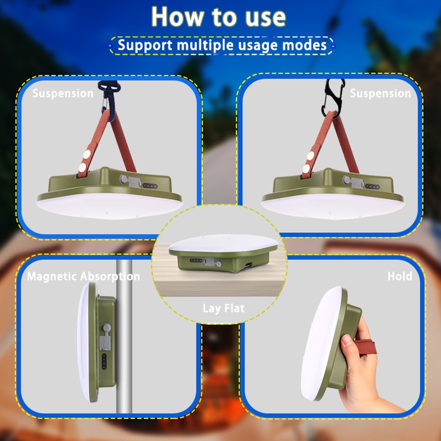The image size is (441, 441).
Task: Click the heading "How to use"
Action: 219,17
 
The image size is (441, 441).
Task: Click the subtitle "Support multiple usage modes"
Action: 222,45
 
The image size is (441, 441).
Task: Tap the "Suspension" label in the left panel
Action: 63,93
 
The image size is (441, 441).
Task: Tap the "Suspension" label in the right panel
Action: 380,93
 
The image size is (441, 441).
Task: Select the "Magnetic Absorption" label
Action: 83,277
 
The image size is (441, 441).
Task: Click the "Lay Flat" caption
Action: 223,308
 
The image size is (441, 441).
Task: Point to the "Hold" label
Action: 400,277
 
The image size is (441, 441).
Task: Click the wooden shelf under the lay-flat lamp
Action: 220,282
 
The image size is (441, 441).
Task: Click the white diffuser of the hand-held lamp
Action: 320,344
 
